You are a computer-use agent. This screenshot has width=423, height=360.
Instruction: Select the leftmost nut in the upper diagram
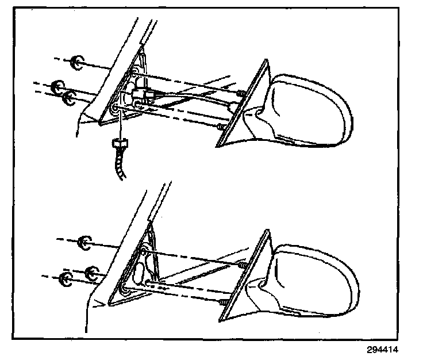56,87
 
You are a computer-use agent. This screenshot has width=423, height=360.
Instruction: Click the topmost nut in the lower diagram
84,242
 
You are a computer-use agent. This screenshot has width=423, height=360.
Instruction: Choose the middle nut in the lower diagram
90,271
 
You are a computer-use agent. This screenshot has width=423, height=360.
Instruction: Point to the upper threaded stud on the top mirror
241,93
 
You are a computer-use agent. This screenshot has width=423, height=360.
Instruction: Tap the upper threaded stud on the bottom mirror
242,264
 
